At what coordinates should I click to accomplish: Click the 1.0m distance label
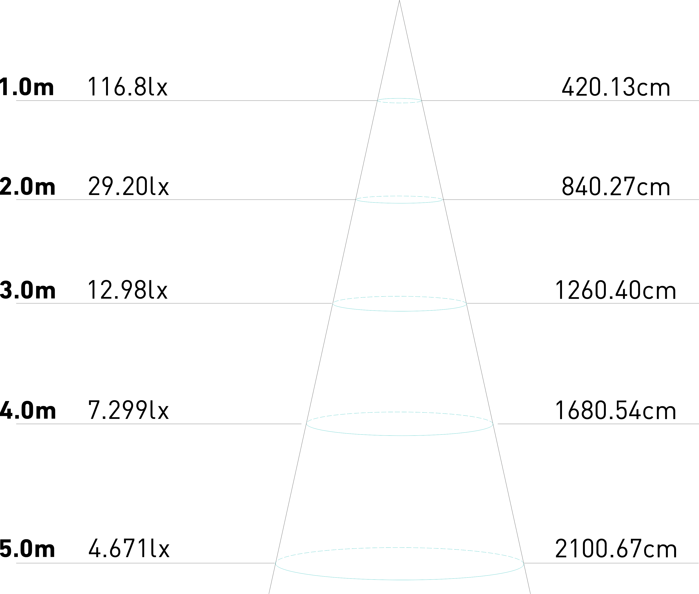click(27, 87)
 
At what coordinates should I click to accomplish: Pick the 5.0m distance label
click(28, 549)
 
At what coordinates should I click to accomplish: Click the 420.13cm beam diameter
click(615, 87)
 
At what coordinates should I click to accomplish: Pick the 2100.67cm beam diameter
click(615, 549)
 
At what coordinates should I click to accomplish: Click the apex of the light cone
click(399, 2)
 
